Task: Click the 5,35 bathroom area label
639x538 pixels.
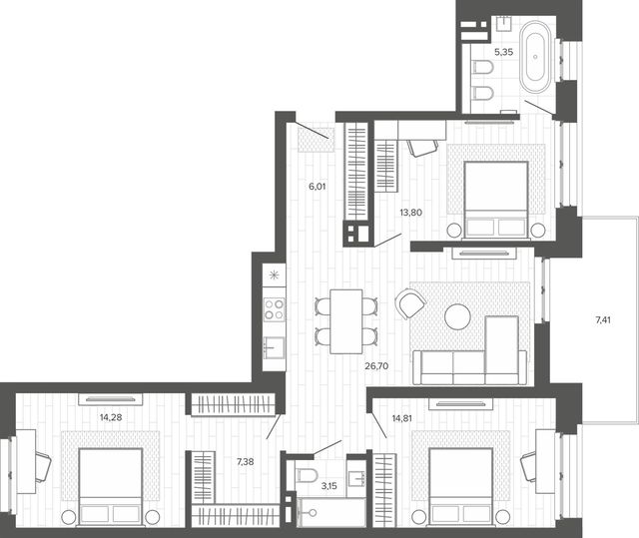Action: pyautogui.click(x=503, y=52)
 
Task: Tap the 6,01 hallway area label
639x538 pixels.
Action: pyautogui.click(x=318, y=187)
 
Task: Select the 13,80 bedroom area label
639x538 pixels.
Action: pyautogui.click(x=410, y=213)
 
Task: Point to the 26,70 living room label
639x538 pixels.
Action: pyautogui.click(x=376, y=366)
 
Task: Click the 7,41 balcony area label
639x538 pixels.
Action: pyautogui.click(x=603, y=320)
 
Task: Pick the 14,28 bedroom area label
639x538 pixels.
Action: pyautogui.click(x=111, y=417)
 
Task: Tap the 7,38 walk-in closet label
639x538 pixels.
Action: pyautogui.click(x=245, y=461)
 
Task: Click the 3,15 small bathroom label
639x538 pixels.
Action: pyautogui.click(x=328, y=486)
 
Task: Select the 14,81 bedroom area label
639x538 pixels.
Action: pyautogui.click(x=401, y=418)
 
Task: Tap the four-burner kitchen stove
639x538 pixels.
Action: pyautogui.click(x=274, y=309)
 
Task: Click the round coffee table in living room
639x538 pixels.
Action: pyautogui.click(x=457, y=316)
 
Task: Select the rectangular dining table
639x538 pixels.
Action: pyautogui.click(x=346, y=321)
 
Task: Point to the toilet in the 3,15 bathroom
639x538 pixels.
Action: pyautogui.click(x=307, y=474)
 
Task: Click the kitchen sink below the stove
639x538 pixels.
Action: pyautogui.click(x=274, y=347)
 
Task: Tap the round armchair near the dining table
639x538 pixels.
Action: pyautogui.click(x=410, y=303)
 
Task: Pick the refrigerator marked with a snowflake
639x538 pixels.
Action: pyautogui.click(x=274, y=275)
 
